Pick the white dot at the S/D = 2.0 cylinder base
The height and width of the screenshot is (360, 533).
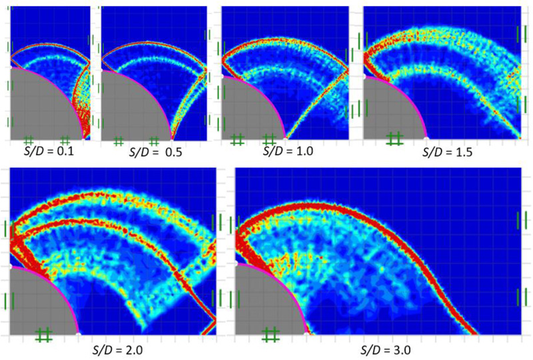pyautogui.click(x=79, y=332)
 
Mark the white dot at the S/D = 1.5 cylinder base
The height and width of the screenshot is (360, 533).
pyautogui.click(x=426, y=138)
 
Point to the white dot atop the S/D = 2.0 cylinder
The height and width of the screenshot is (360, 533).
pyautogui.click(x=10, y=265)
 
